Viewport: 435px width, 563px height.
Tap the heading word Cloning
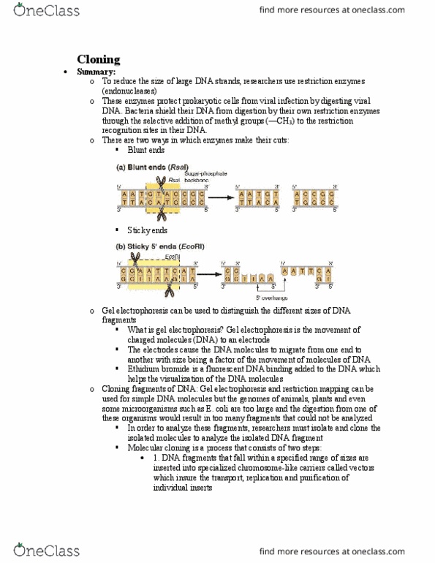[x=99, y=60]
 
